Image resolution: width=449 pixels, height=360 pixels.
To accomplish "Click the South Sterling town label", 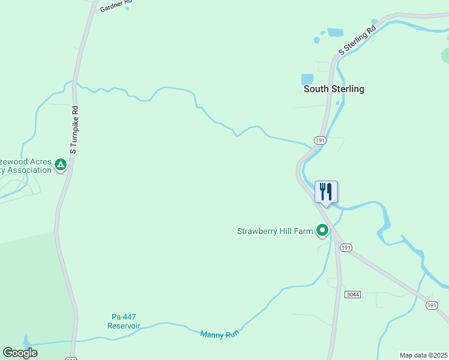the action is point(334,89).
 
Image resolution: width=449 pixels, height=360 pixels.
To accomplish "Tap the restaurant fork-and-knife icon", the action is point(326,192).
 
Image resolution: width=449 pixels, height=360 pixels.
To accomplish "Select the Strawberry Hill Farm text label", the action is point(275,231).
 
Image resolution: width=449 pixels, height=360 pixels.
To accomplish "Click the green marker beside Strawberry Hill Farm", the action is point(322,230).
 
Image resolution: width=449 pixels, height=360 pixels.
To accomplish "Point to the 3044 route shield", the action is point(352,295).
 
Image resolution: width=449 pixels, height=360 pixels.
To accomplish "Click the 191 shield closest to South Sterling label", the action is point(320,140).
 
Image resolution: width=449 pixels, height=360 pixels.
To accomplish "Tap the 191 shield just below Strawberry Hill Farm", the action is point(345,247).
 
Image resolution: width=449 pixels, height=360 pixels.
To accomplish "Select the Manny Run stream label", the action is point(216,334).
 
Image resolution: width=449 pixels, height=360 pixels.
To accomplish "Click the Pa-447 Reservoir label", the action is point(124,321).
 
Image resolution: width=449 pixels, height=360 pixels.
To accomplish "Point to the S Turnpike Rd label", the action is point(74,130).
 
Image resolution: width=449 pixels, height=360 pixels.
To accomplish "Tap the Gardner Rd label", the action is point(115,6).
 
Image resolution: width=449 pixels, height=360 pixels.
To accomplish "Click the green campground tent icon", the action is point(60,164).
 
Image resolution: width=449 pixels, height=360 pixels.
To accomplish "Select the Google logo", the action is point(20,353).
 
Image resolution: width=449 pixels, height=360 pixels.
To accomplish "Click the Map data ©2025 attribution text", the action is point(423,355).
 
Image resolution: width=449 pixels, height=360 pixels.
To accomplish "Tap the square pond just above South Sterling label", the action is point(307,79).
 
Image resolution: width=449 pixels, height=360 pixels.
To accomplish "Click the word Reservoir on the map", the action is point(124,326).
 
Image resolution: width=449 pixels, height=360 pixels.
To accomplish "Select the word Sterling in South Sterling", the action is point(347,89).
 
